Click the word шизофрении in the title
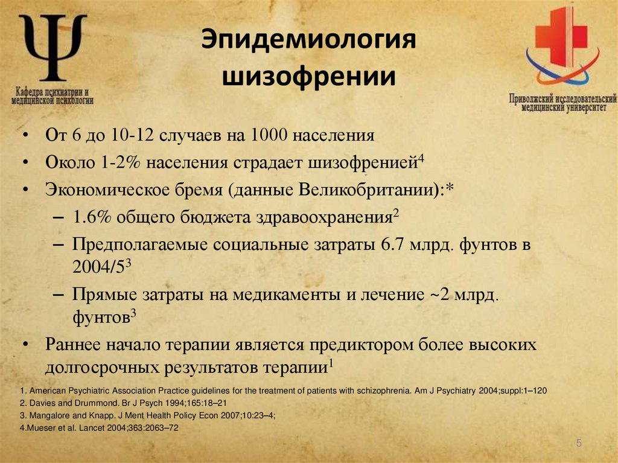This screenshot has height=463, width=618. click(309, 78)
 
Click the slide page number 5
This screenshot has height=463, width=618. click(579, 444)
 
